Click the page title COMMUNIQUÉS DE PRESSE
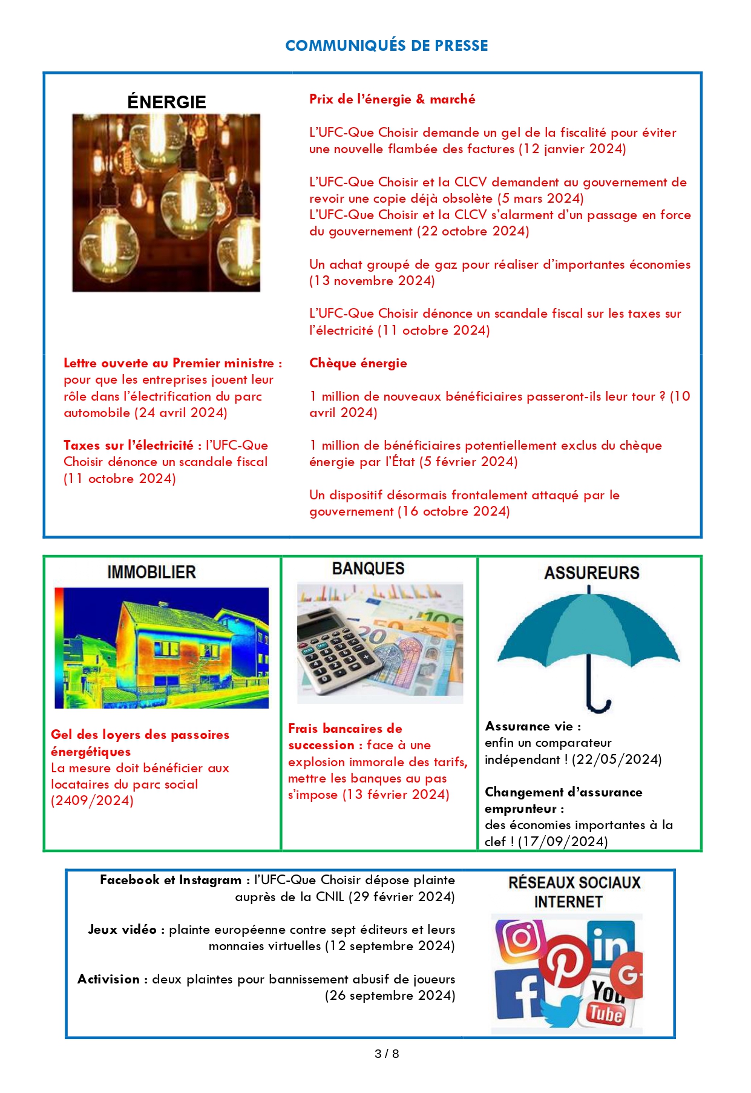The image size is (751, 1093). tap(386, 46)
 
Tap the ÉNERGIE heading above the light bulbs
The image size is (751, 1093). tap(166, 102)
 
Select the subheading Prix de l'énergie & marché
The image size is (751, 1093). tap(392, 99)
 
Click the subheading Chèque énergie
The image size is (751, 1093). tap(358, 363)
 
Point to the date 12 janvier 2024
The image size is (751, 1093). tap(572, 149)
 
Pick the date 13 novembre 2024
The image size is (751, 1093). tap(372, 281)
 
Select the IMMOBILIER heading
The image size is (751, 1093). tap(151, 573)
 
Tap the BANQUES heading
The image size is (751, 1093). tap(368, 569)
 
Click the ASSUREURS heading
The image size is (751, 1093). tap(591, 573)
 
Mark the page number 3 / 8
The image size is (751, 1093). tap(387, 1054)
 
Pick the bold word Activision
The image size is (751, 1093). tap(109, 979)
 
